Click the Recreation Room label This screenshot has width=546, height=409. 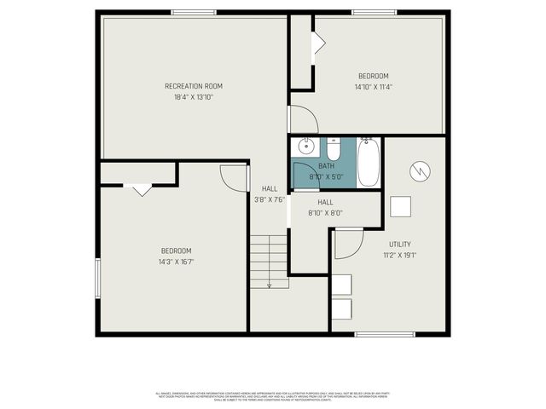(x=194, y=86)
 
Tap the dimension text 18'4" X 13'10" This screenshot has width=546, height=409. (x=194, y=98)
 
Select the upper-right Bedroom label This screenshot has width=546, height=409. (x=373, y=76)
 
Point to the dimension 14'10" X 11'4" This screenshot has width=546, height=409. (x=373, y=87)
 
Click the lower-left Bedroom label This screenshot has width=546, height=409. (x=176, y=251)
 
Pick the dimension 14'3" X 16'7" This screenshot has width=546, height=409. (x=176, y=262)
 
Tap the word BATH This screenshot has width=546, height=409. (x=327, y=166)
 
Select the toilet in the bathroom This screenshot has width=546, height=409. (x=334, y=148)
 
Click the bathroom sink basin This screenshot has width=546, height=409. (x=305, y=146)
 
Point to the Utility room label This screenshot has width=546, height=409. (x=400, y=245)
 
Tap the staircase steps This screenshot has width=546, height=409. (x=269, y=260)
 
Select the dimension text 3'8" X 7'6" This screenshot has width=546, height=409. (x=270, y=199)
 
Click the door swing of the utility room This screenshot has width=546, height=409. (x=346, y=244)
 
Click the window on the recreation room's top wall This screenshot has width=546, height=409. (x=194, y=12)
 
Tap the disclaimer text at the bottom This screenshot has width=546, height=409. (x=272, y=396)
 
